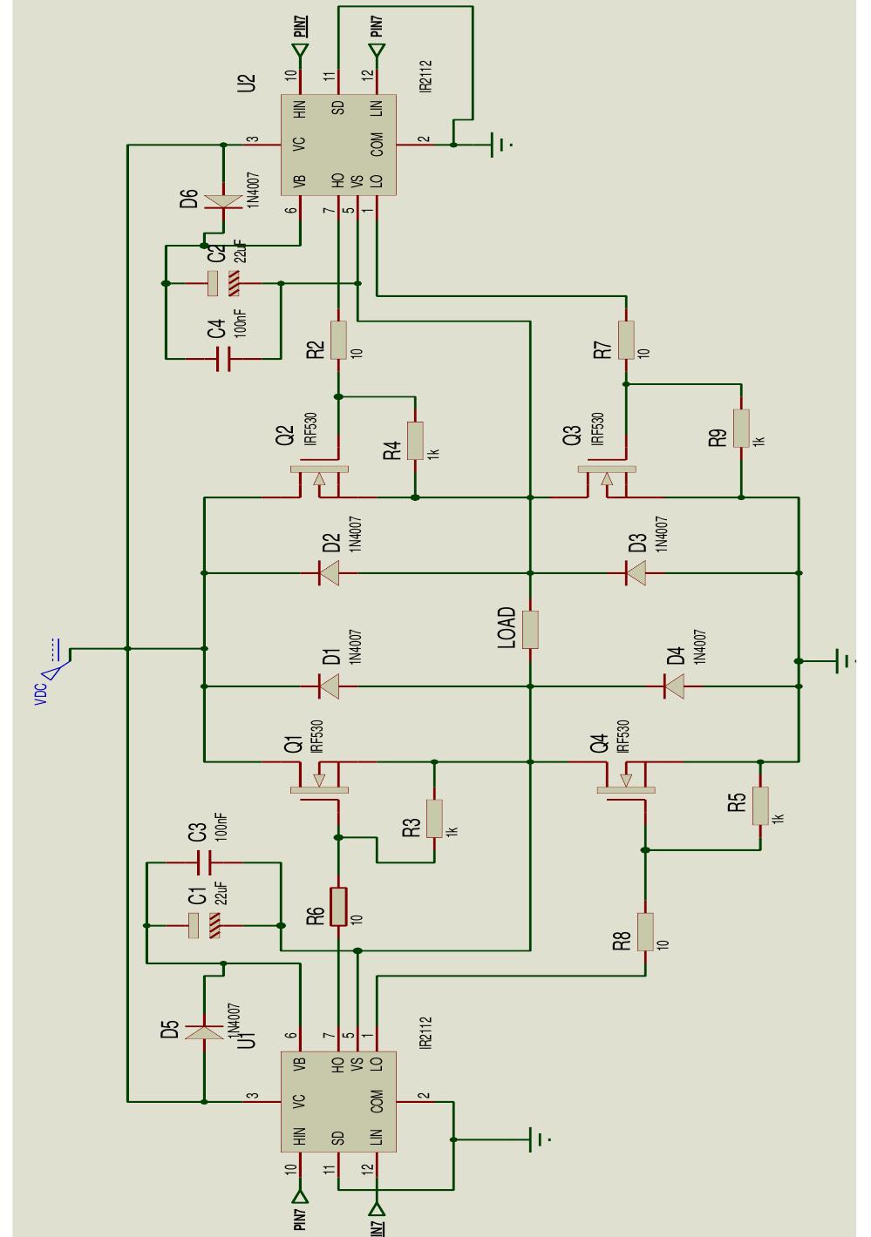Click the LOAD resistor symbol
tap(530, 629)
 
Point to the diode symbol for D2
tap(329, 572)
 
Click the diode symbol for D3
tap(636, 572)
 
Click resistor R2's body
tap(339, 341)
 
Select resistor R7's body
tap(626, 341)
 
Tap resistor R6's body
tap(339, 907)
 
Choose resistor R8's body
tap(645, 932)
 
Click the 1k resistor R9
tap(741, 429)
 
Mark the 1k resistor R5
tap(761, 806)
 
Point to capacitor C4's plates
tap(222, 358)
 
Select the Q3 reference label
tap(573, 435)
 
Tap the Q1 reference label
tap(293, 743)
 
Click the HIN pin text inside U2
tap(300, 110)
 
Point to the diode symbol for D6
tap(222, 201)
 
